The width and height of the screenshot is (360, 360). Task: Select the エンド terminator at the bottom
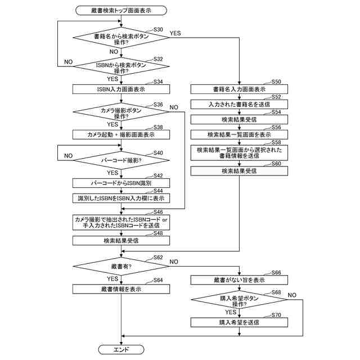pos(121,349)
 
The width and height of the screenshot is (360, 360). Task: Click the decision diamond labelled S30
pos(121,38)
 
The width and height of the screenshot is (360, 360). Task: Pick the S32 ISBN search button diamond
pos(121,67)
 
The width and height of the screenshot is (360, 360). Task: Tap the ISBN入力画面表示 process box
pos(121,89)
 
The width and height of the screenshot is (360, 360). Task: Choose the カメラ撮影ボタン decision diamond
pos(121,112)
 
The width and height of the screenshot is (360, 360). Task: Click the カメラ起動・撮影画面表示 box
pos(121,134)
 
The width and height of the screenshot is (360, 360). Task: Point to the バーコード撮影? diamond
pos(121,160)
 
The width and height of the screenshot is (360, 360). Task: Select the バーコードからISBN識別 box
pos(121,183)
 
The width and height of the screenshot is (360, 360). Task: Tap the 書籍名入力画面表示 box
pos(239,89)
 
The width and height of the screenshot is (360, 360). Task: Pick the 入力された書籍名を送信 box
pos(239,104)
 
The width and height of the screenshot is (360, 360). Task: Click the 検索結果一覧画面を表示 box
pos(239,134)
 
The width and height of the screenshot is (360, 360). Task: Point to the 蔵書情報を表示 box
pos(121,289)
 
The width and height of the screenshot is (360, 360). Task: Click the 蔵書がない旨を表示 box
pos(239,280)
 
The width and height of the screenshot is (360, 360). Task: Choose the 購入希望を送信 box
pos(239,322)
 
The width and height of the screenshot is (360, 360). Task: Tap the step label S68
pos(276,292)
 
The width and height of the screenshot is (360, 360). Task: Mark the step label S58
pos(276,143)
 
